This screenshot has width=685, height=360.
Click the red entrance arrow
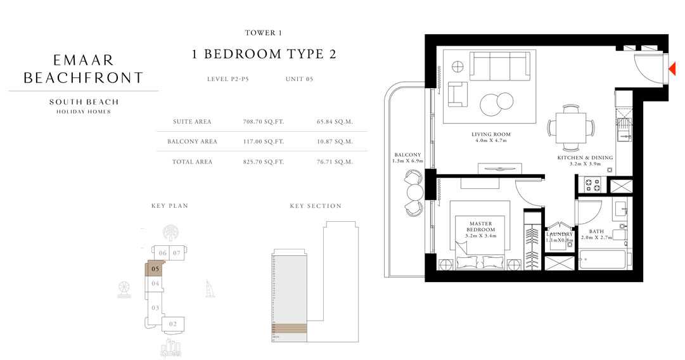click(673, 68)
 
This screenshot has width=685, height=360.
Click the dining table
click(571, 126)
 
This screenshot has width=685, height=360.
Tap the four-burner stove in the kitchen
click(592, 185)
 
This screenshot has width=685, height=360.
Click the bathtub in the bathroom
click(602, 260)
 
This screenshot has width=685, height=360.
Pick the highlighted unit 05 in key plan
click(154, 269)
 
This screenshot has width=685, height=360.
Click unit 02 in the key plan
click(172, 325)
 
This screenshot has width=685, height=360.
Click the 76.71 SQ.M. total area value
click(334, 162)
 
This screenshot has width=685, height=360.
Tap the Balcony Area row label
click(192, 141)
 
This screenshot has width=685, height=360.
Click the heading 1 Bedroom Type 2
click(264, 55)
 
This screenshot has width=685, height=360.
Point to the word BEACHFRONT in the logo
click(83, 78)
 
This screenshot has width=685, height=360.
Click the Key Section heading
click(315, 206)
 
